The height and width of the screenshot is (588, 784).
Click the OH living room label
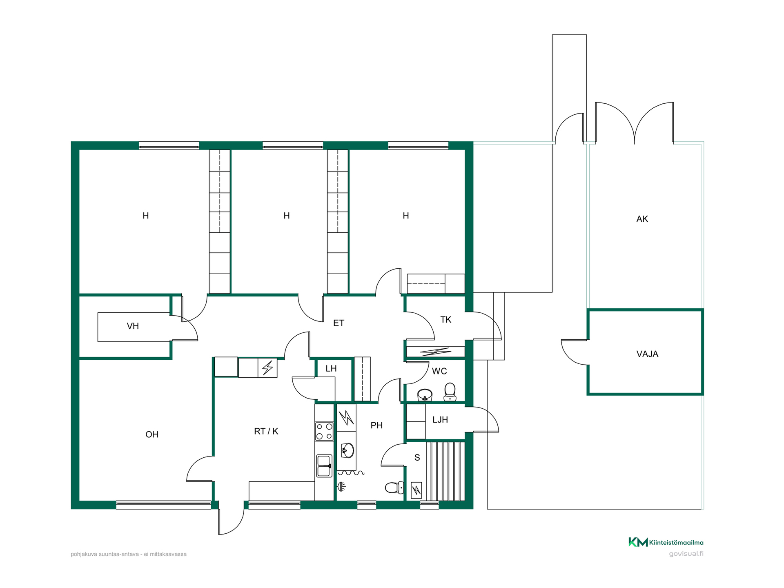(152, 434)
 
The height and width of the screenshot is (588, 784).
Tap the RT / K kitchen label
(266, 431)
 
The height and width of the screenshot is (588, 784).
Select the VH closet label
(133, 326)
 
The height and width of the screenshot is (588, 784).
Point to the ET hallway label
(339, 323)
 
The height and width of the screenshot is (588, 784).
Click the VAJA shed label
(647, 354)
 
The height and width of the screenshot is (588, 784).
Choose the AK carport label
(642, 219)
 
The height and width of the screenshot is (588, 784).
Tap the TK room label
(445, 319)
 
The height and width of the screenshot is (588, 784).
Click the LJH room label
(440, 419)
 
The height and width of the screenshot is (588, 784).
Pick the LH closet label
(331, 368)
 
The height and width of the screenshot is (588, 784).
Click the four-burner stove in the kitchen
(324, 432)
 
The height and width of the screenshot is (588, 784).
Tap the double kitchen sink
(324, 466)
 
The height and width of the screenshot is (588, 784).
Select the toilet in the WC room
(450, 392)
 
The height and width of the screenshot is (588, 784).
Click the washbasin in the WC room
(425, 395)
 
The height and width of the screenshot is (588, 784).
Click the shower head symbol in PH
(342, 486)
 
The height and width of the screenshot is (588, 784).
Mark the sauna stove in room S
(416, 490)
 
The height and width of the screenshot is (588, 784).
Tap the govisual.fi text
(686, 554)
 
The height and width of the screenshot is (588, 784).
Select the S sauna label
(417, 457)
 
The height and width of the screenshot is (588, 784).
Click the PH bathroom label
(376, 425)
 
